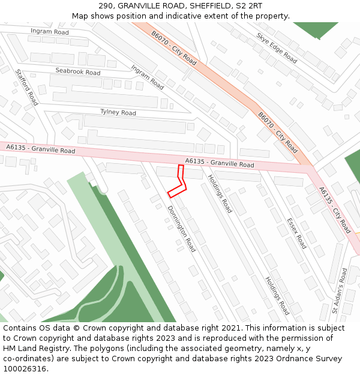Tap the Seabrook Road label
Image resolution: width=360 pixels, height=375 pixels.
pos(77,71)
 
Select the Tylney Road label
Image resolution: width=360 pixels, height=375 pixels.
pos(118,112)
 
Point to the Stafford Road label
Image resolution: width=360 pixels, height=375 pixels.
pos(26,87)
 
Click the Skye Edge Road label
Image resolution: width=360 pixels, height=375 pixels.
pos(277,47)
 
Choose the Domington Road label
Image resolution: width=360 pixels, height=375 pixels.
pos(182,229)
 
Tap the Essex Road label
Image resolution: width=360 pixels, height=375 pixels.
pos(296,233)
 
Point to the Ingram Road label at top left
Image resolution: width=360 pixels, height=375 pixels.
pos(50,31)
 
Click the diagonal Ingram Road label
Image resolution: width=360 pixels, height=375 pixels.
pos(147,77)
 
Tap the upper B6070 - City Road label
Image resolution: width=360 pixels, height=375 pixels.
pos(174,49)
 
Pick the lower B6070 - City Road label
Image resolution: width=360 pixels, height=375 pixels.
pos(278,132)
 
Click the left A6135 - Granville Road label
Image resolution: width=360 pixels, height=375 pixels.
pos(41,148)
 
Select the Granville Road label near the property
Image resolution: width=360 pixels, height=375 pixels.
pos(219,163)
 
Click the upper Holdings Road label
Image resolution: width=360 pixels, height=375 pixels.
pos(220,193)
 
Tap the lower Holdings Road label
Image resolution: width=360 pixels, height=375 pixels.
pos(277,295)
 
